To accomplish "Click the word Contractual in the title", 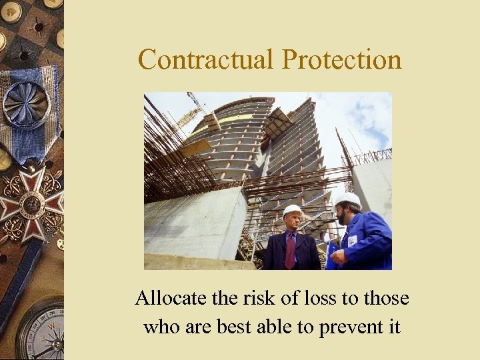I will [x=207, y=59].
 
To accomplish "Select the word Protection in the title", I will [x=342, y=59].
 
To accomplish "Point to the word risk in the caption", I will [x=257, y=298].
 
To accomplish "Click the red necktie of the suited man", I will [x=291, y=251].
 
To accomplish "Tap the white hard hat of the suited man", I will [x=292, y=211].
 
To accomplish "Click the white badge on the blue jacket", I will [x=351, y=241].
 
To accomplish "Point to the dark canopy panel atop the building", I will [x=279, y=123].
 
